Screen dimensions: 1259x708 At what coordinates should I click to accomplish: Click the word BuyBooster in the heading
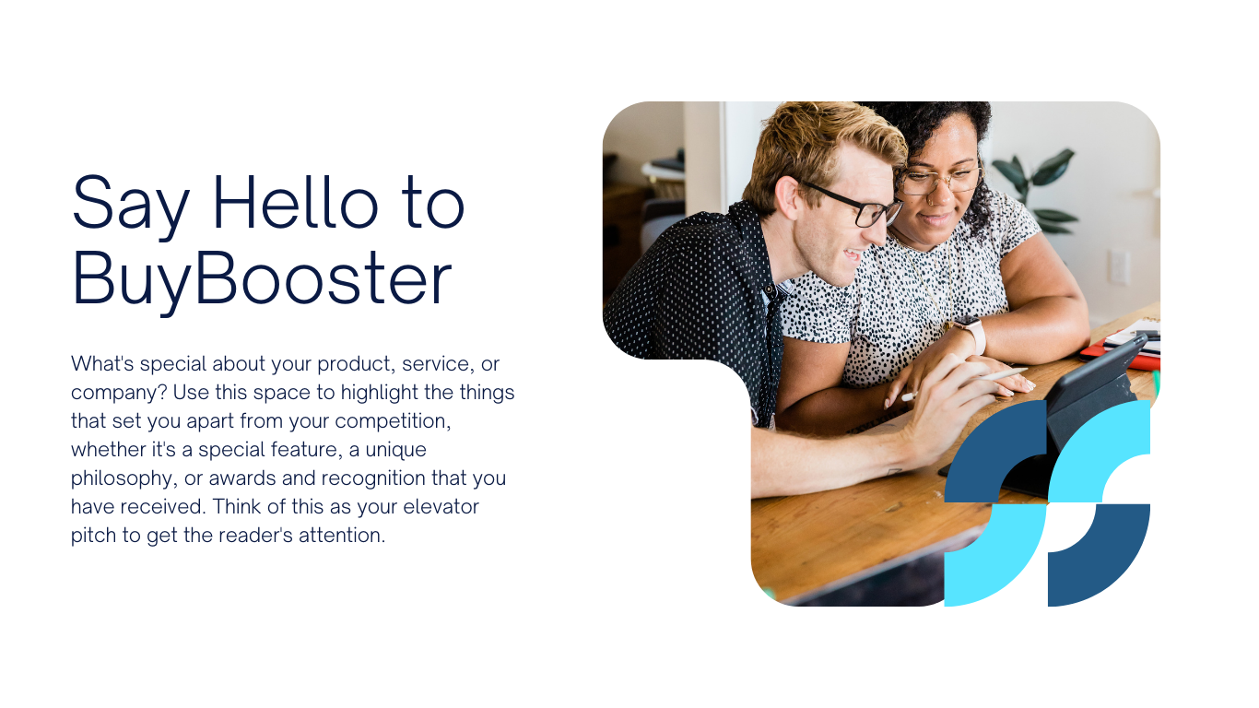[x=262, y=279]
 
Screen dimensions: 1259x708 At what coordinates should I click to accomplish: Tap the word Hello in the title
[x=296, y=203]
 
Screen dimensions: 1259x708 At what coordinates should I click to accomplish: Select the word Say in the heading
[x=130, y=206]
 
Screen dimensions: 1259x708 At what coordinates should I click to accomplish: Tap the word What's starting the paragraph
[x=102, y=363]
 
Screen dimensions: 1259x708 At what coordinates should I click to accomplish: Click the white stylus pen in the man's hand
[x=964, y=383]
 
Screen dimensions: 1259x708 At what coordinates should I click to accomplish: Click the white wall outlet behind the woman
[x=1118, y=266]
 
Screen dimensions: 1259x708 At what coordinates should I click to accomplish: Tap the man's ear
[x=788, y=198]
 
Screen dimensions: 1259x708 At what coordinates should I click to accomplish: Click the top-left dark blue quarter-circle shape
[x=995, y=451]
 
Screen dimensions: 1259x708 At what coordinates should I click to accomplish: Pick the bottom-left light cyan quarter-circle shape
[x=995, y=556]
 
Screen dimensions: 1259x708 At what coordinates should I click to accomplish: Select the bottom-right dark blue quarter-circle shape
[x=1099, y=556]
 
